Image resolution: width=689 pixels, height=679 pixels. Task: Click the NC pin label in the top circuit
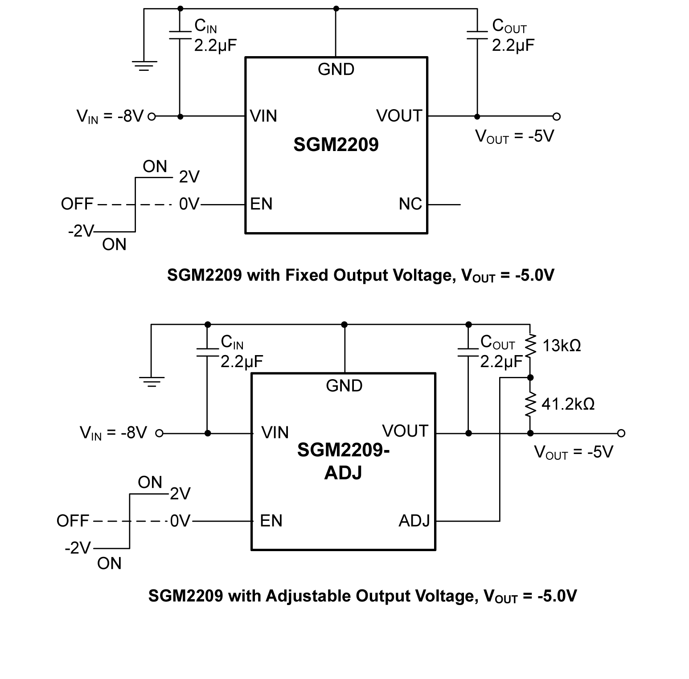pos(410,204)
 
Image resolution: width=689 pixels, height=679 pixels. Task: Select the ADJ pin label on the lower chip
pos(414,520)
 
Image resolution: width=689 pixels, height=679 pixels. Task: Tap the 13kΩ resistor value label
pos(562,346)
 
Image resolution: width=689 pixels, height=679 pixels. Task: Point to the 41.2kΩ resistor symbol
pos(530,405)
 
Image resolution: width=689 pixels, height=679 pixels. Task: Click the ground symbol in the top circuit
pos(144,66)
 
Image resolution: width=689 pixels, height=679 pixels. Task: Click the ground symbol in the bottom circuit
pos(152,382)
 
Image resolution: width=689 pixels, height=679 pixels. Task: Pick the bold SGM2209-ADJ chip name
pos(343,461)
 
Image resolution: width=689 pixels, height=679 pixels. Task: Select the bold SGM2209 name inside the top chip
pos(336,144)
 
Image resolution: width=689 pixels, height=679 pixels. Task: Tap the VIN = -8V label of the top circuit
pos(110,117)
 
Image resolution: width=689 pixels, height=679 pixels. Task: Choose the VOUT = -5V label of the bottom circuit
pos(574,452)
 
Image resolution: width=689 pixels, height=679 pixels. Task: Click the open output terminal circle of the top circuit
pos(556,117)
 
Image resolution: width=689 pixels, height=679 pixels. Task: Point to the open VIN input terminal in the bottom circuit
pos(159,433)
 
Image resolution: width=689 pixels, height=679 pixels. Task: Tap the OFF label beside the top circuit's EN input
pos(77,205)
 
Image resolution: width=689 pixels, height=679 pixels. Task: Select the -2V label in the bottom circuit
pos(78,548)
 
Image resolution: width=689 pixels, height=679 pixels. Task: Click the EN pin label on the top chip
pos(261,204)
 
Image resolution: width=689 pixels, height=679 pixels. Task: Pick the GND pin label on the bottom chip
pos(344,386)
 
